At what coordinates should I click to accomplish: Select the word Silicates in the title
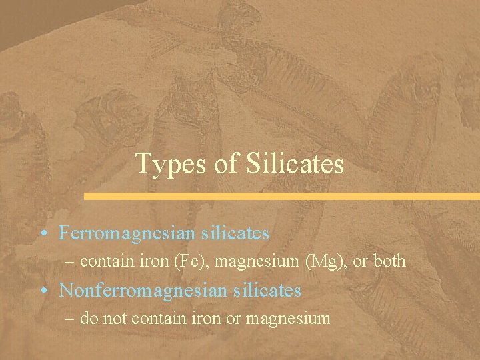click(x=295, y=163)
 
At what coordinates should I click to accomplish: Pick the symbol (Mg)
click(x=324, y=261)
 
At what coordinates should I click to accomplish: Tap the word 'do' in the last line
click(x=88, y=319)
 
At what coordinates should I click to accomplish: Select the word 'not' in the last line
click(x=115, y=319)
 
